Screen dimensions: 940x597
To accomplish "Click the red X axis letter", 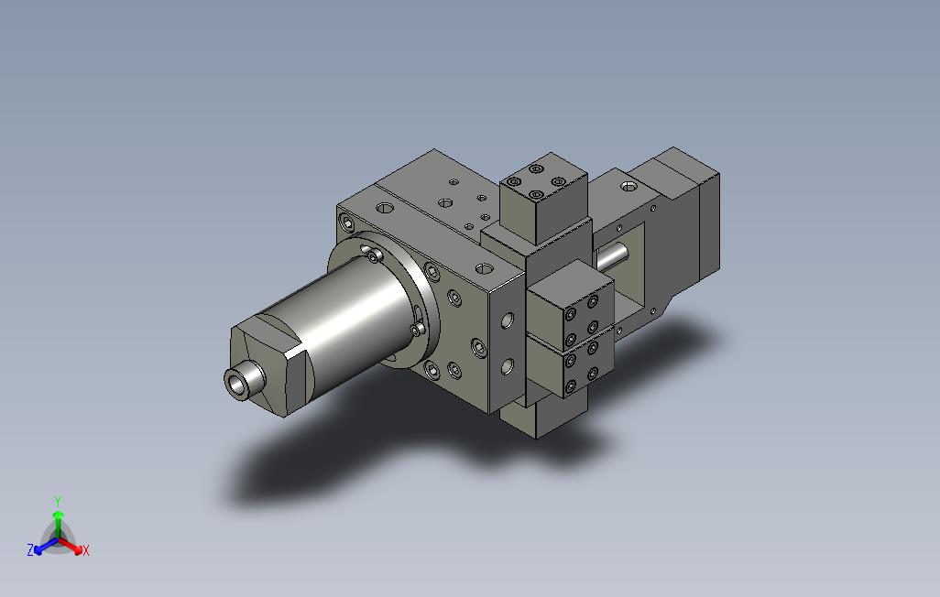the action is click(x=86, y=550).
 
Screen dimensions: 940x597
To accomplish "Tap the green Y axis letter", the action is click(x=58, y=501).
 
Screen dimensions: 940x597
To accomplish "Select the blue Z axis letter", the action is click(x=30, y=549).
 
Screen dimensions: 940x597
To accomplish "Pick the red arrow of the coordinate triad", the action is click(x=71, y=546).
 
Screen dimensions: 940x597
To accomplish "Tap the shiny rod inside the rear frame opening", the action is click(x=611, y=257).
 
